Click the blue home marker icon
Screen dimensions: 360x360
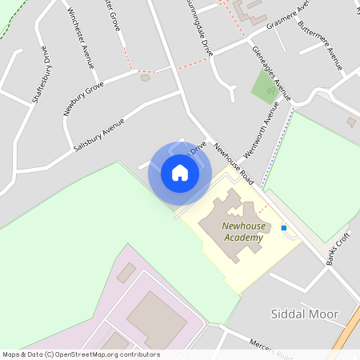(179, 173)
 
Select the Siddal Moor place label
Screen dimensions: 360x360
(306, 314)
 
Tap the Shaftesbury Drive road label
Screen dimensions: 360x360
(41, 78)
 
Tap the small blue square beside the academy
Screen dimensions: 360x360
(283, 228)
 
